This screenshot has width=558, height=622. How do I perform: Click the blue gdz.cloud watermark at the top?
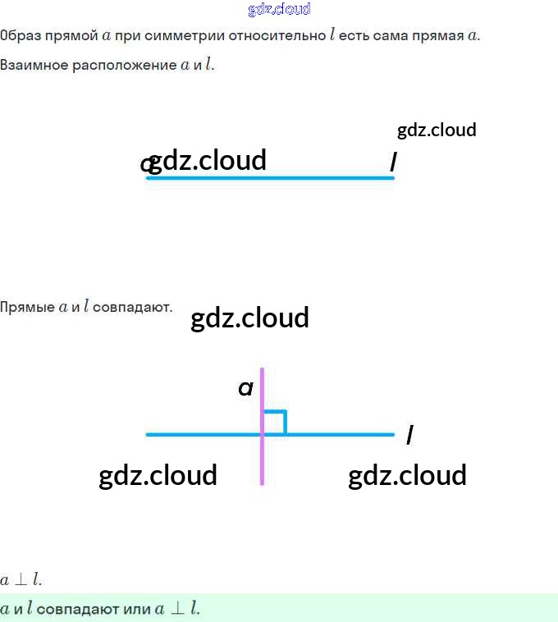279,10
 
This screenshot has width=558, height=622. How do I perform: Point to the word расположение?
124,65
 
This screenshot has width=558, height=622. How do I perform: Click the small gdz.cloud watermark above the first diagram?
437,130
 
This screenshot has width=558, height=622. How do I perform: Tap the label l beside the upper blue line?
393,163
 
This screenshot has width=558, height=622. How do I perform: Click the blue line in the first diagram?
271,177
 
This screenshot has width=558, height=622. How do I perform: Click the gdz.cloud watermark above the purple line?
249,318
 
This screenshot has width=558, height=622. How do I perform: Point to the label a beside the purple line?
245,388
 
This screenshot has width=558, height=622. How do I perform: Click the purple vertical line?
262,460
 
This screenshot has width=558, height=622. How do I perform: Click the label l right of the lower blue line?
409,434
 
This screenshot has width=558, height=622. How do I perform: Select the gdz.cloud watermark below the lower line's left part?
158,475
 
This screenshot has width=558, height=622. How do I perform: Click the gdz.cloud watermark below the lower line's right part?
407,475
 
